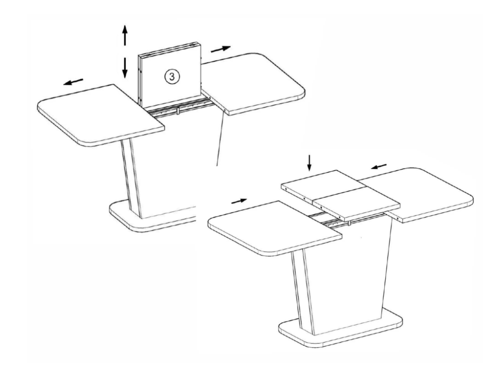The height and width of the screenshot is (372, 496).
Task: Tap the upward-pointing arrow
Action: click(x=125, y=34)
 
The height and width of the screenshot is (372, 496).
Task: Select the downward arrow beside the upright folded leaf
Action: click(x=125, y=68)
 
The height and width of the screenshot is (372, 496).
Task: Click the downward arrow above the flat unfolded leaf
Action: click(x=309, y=162)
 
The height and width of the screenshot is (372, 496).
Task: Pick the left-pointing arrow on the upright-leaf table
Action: click(x=73, y=82)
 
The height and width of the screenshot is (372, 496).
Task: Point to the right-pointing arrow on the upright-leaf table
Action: click(x=221, y=49)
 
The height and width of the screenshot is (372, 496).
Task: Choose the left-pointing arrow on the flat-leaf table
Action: click(x=379, y=166)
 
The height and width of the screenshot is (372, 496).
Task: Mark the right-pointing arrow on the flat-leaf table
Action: click(x=239, y=201)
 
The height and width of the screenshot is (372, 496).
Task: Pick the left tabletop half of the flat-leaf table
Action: click(x=275, y=227)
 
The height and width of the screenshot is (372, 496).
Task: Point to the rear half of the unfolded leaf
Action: click(x=320, y=185)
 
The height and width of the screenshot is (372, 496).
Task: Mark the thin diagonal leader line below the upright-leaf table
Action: click(x=220, y=140)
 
